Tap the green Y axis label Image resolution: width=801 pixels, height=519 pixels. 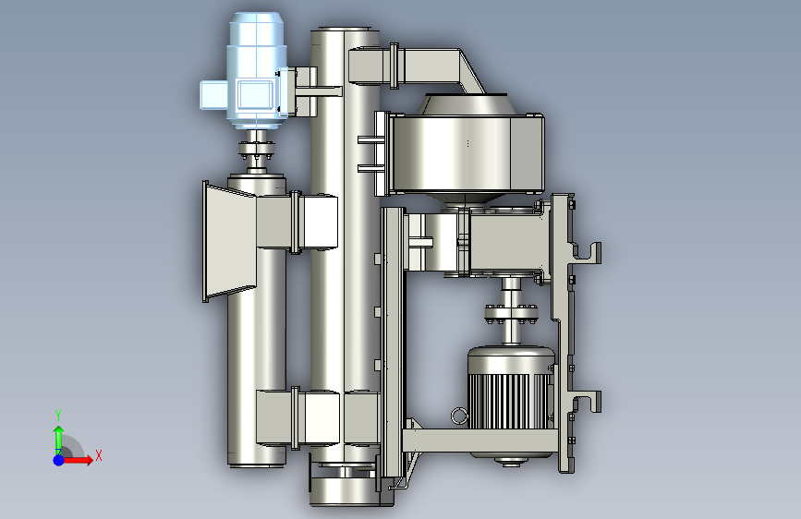(x=58, y=415)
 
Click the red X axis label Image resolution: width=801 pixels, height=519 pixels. (x=99, y=455)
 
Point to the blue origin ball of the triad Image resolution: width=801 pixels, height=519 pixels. (x=59, y=460)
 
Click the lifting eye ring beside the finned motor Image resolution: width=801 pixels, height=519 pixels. (x=459, y=416)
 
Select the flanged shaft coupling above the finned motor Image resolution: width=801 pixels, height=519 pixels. (x=511, y=313)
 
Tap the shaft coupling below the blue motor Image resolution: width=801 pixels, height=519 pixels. (x=257, y=149)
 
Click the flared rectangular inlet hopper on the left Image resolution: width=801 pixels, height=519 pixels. (x=229, y=241)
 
